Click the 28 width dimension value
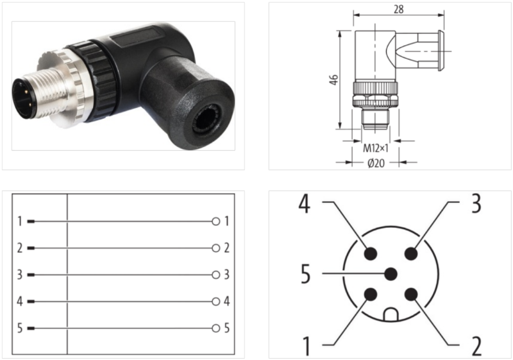point(399,9)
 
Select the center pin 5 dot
point(391,274)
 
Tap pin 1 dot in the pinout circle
point(370,295)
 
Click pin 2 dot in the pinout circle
point(411,295)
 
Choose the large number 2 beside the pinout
point(476,346)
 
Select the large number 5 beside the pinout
point(305,275)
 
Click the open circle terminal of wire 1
point(216,221)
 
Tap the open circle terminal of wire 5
point(216,328)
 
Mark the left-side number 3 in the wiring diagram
point(20,275)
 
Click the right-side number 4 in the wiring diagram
point(227,301)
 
